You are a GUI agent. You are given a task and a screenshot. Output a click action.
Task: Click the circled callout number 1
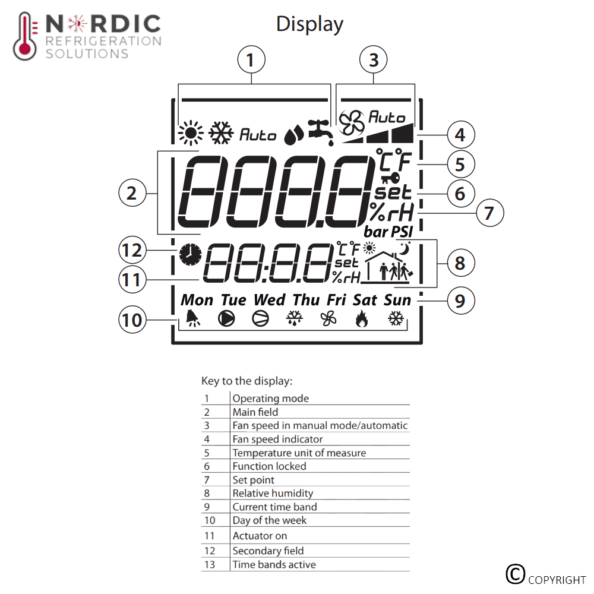coord(251,60)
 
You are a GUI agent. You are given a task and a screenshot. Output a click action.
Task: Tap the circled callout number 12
coord(132,250)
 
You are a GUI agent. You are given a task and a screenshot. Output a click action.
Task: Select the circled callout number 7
coord(489,212)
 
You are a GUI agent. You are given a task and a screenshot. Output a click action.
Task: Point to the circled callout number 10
coord(132,320)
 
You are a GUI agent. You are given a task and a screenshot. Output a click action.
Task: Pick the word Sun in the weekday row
coord(397,300)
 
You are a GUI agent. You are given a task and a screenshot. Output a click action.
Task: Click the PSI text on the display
coord(402,230)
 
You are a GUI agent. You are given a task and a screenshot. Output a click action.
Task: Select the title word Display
coord(309,24)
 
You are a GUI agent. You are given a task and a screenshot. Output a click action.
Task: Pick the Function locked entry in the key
coord(269,466)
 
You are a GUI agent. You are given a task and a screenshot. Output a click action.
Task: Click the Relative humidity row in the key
coord(273,493)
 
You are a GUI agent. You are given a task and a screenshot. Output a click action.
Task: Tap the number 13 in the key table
coord(210,564)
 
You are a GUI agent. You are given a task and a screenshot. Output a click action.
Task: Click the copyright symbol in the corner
coord(515,574)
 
